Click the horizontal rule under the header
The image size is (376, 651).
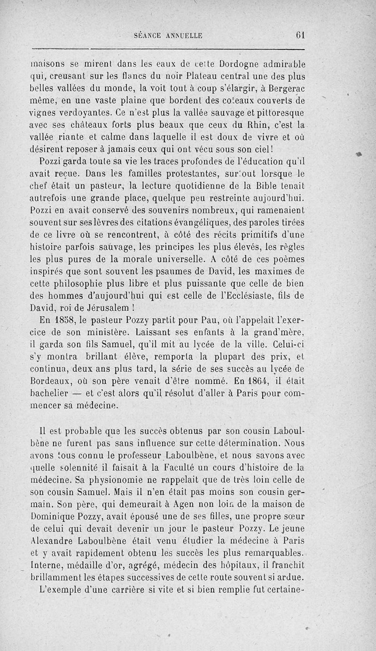tap(168, 48)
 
